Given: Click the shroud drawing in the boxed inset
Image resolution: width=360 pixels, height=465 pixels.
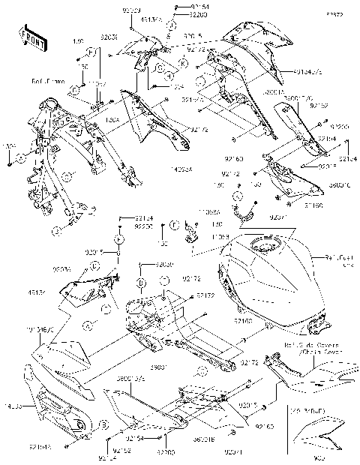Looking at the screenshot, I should tap(318, 436).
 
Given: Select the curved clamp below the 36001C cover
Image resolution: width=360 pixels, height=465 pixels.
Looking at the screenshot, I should tap(241, 210).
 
